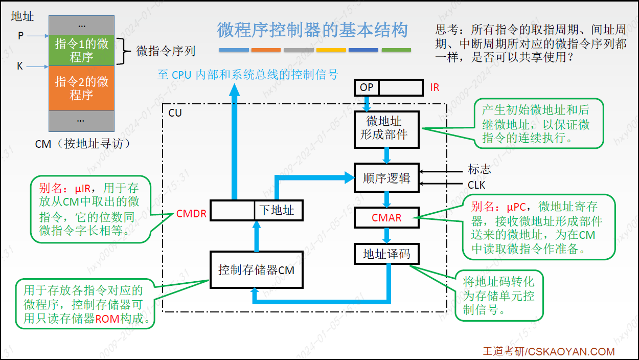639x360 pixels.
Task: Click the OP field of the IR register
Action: point(367,87)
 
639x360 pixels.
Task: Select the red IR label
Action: point(435,87)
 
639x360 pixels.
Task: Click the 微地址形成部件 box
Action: point(386,129)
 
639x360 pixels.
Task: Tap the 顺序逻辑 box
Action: point(386,178)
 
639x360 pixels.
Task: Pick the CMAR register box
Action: point(386,218)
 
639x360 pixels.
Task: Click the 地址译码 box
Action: point(386,254)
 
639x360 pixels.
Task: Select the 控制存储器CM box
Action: point(257,269)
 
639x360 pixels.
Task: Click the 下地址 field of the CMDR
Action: point(279,210)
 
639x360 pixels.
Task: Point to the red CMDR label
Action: point(191,213)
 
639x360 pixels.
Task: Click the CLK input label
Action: point(476,185)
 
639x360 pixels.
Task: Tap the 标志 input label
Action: point(480,169)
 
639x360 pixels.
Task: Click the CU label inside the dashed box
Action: point(175,113)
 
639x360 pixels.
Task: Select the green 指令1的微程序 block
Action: point(82,51)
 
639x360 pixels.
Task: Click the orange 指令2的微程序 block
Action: point(82,88)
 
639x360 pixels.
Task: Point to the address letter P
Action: point(20,36)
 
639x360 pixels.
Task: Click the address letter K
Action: point(20,66)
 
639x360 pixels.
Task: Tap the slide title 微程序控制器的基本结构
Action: point(313,30)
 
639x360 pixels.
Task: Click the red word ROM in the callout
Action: point(107,319)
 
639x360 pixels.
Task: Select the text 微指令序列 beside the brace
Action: point(166,51)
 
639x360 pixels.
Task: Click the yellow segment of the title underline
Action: point(331,50)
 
